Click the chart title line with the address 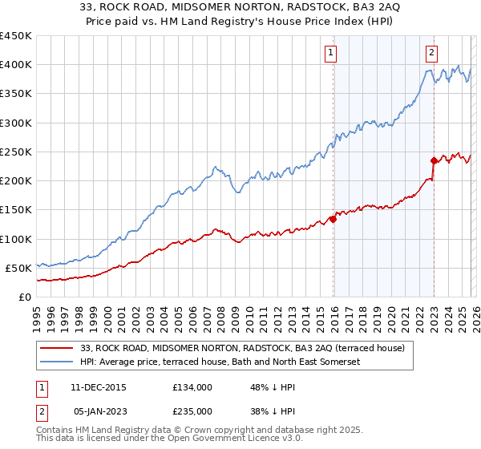tap(240, 7)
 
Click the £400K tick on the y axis tap(16, 65)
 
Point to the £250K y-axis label tap(16, 152)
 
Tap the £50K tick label tap(19, 268)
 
